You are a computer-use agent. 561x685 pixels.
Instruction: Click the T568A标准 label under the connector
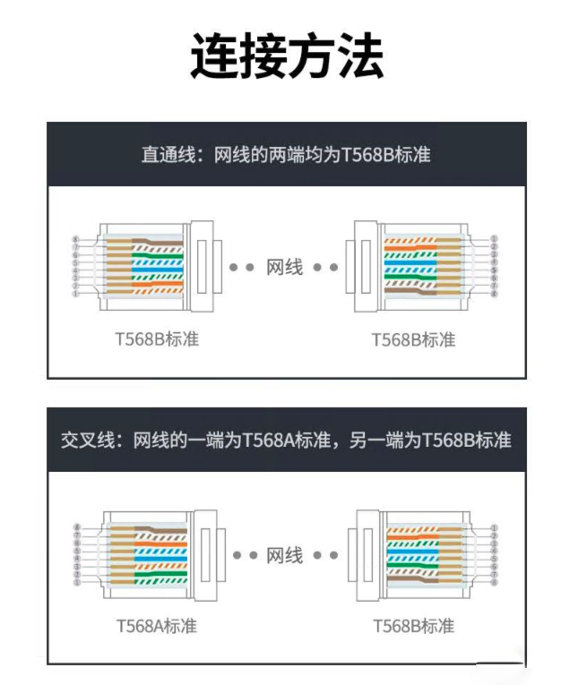pos(155,625)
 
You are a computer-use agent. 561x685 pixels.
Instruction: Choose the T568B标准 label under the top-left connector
pos(156,340)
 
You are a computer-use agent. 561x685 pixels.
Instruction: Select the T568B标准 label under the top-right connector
pos(413,340)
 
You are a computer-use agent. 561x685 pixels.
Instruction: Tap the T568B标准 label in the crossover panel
pos(413,625)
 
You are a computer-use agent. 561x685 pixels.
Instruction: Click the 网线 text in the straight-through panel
pos(285,267)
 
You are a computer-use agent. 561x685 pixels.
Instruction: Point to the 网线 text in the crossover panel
pos(285,555)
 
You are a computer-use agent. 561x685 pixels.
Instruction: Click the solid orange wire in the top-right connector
pos(421,248)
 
